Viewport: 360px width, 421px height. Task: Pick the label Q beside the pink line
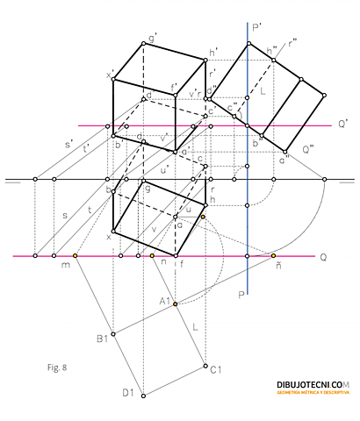[x=324, y=257]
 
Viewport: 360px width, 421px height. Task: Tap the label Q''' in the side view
[x=307, y=149]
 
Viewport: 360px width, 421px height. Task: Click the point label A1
[x=164, y=301]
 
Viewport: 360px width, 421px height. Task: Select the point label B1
[x=102, y=337]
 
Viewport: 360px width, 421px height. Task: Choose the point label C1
[x=215, y=370]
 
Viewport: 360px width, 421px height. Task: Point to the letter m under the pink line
[x=64, y=266]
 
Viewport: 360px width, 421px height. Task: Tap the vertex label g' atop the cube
[x=153, y=37]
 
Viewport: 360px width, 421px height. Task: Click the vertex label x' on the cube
[x=110, y=75]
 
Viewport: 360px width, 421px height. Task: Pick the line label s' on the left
[x=68, y=143]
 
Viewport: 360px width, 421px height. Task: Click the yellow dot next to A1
[x=176, y=303]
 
